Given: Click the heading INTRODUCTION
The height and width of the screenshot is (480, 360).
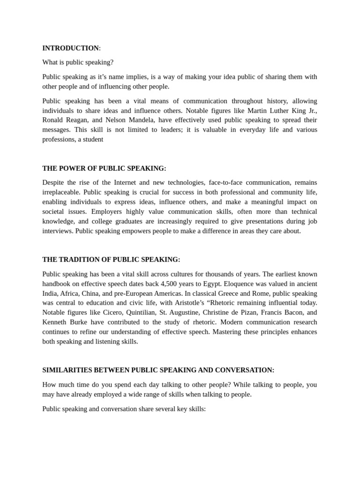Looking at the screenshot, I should point(70,48).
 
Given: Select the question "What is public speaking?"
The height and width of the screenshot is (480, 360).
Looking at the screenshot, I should point(78,62).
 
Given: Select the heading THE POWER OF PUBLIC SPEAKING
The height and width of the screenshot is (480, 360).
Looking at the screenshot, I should point(104,168).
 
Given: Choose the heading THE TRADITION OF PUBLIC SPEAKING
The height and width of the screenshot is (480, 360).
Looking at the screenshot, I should point(111,259).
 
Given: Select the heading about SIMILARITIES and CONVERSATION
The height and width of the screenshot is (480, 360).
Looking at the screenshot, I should point(158,370).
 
